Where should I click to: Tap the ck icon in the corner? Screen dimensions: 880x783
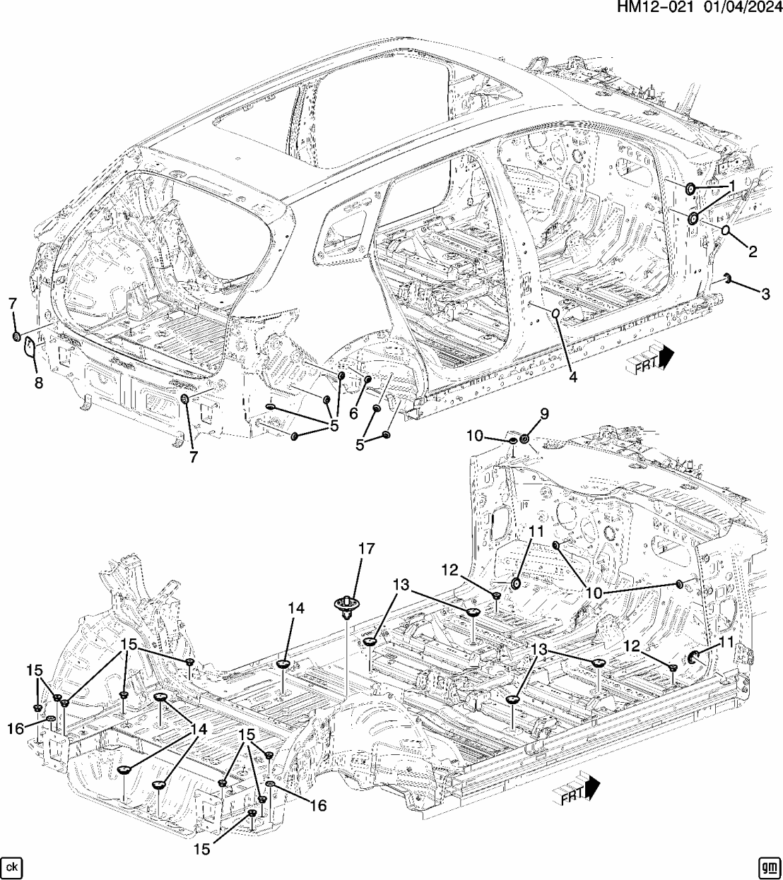click(x=11, y=866)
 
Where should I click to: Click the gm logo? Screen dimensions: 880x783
click(x=769, y=866)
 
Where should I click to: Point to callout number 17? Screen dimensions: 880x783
click(x=366, y=548)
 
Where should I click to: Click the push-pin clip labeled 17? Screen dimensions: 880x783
click(x=346, y=605)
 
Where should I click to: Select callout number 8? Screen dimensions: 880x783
click(x=38, y=382)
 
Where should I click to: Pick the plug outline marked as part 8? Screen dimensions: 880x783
click(x=31, y=347)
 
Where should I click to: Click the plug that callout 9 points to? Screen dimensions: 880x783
click(x=525, y=440)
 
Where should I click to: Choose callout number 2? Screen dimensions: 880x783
click(x=752, y=251)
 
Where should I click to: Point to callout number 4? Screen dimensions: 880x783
click(x=572, y=377)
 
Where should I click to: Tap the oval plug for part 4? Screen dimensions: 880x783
click(x=555, y=313)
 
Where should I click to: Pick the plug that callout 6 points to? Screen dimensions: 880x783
click(x=368, y=380)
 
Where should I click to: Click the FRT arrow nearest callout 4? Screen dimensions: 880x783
click(x=649, y=359)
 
